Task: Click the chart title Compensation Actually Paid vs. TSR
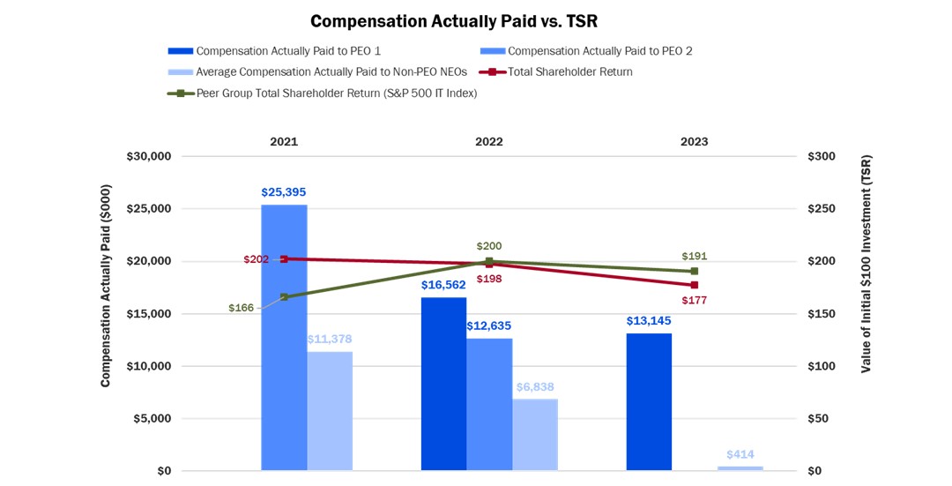[x=454, y=20]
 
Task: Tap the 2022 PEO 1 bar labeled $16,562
[x=443, y=384]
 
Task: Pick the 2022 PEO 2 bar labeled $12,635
[x=489, y=404]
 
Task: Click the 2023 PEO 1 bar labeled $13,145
[x=649, y=401]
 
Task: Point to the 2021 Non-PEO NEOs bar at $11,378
[x=330, y=411]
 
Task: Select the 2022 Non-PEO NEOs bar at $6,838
[x=535, y=435]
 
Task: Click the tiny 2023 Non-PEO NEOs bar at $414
[x=740, y=467]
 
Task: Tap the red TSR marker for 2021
[x=284, y=258]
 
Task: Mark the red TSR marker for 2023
[x=695, y=285]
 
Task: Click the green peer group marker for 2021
[x=284, y=296]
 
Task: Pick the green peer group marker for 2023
[x=695, y=271]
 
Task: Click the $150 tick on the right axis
[x=822, y=314]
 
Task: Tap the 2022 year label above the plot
[x=489, y=141]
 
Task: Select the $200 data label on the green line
[x=489, y=246]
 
